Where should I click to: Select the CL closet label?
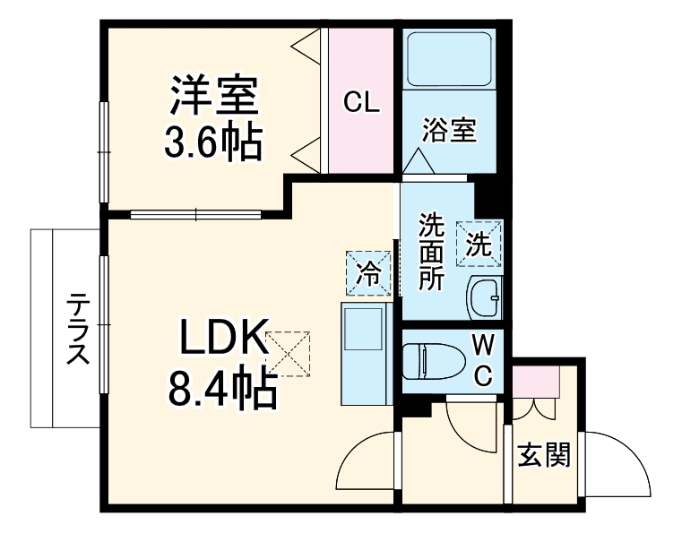(x=362, y=102)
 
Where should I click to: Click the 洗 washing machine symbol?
(x=479, y=243)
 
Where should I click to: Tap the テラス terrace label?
(x=79, y=329)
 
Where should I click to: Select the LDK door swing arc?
(x=363, y=466)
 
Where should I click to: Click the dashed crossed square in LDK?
(x=288, y=354)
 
